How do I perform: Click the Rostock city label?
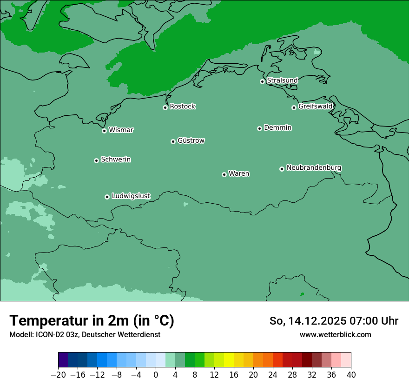point(182,106)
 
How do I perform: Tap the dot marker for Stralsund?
point(262,81)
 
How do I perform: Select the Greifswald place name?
point(315,106)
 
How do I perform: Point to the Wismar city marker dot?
point(105,131)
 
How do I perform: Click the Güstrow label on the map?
point(191,140)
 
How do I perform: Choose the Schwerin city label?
point(116,160)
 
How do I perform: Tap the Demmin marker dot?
point(259,128)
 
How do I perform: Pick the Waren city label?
point(239,174)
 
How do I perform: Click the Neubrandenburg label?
point(314,168)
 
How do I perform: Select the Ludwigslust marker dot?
point(107,197)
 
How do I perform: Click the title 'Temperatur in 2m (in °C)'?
point(92,320)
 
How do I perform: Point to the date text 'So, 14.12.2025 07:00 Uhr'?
point(334,321)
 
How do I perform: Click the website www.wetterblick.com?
point(335,334)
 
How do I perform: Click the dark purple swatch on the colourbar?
point(63,360)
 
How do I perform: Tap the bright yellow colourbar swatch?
point(229,360)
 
